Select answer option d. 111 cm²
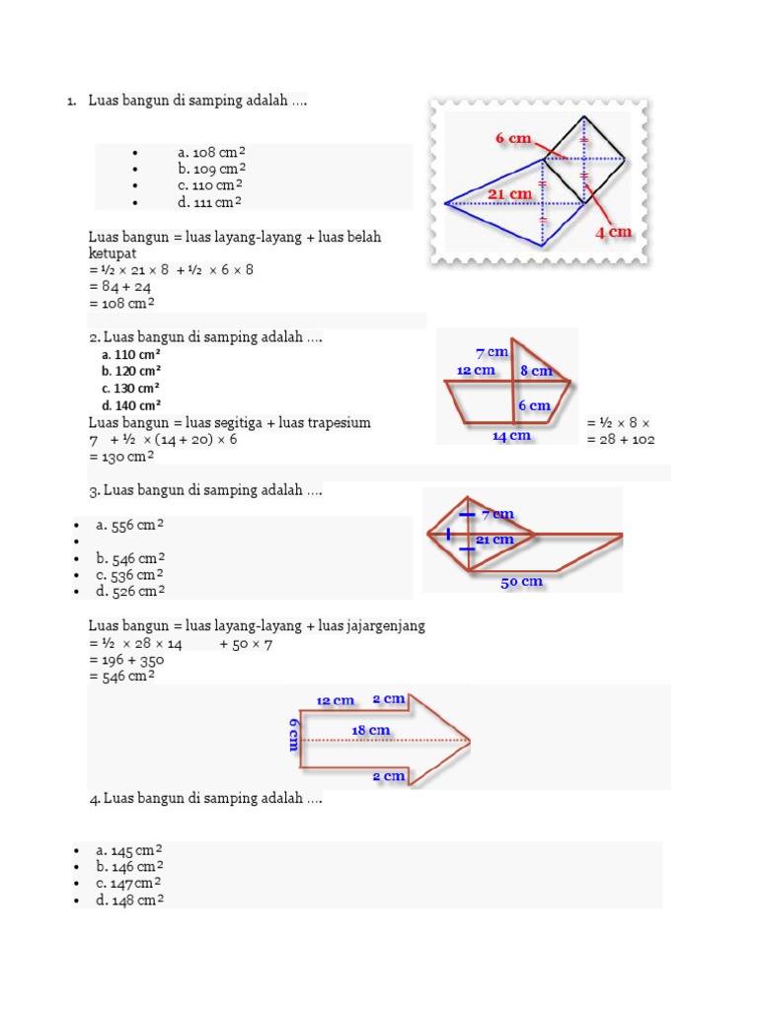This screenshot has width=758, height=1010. [x=210, y=202]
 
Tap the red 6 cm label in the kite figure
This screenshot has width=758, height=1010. [x=513, y=139]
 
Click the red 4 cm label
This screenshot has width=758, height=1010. [x=612, y=233]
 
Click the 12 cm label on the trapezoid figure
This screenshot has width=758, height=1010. [x=476, y=371]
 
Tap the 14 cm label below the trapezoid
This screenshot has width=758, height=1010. [x=511, y=436]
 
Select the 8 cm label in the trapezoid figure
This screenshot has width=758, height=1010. [x=536, y=371]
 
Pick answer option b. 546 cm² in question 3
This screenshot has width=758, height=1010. [x=129, y=557]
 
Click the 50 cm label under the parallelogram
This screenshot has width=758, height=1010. [x=521, y=582]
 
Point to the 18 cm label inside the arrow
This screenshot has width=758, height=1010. [x=371, y=731]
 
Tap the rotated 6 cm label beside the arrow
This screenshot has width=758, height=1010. [x=293, y=735]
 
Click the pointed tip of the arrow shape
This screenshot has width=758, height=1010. [x=468, y=740]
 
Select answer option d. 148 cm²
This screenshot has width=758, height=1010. [x=129, y=901]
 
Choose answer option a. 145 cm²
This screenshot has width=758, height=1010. [x=129, y=850]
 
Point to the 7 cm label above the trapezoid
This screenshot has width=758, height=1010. [x=492, y=352]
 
